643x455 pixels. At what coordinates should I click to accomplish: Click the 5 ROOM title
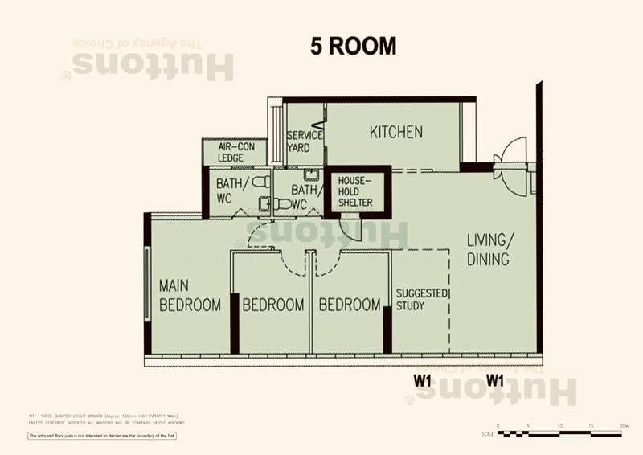(354, 47)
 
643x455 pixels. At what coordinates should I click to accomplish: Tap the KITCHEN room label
(396, 133)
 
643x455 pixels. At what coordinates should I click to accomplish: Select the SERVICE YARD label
(305, 141)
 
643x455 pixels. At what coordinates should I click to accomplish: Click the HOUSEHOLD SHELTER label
(354, 191)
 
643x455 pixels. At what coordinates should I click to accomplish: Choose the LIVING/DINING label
(489, 249)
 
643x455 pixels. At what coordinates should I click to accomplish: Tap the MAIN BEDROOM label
(190, 295)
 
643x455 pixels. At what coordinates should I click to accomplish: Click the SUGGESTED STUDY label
(421, 299)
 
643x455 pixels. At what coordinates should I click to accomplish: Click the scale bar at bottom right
(559, 434)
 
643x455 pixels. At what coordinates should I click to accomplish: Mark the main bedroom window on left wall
(147, 277)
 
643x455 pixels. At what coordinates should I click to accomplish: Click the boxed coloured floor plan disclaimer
(102, 436)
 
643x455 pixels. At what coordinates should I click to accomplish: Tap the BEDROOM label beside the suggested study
(349, 305)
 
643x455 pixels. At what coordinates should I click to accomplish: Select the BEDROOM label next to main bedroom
(273, 305)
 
